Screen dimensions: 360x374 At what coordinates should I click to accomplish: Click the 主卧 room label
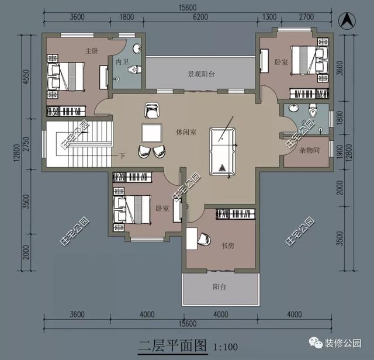91,51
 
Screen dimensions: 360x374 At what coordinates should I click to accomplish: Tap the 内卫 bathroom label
122,61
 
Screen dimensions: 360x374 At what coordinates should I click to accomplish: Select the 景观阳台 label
201,74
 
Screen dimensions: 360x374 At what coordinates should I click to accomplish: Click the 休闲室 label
185,132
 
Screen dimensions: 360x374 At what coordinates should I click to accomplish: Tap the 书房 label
227,247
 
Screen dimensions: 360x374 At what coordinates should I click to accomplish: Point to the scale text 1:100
224,347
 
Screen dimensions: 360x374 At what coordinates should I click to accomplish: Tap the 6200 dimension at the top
200,18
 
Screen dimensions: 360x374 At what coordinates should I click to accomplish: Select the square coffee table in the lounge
152,132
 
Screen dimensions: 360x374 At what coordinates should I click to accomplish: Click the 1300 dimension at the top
270,18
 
